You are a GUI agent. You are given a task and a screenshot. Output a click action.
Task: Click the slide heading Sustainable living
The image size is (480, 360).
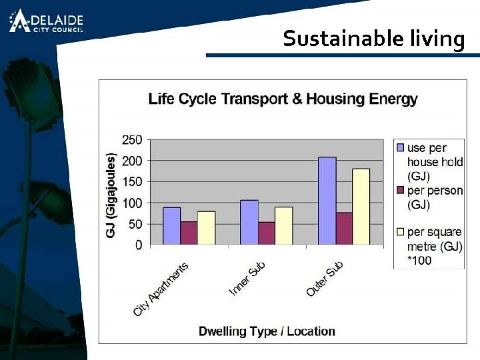(373, 39)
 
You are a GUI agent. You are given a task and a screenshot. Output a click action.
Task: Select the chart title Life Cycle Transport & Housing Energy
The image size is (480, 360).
(283, 99)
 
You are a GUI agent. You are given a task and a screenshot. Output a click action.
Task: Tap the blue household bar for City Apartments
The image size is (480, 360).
(171, 226)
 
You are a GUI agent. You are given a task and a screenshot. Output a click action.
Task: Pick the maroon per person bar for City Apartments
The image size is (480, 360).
(189, 233)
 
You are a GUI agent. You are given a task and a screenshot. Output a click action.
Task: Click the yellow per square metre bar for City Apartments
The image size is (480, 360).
(206, 228)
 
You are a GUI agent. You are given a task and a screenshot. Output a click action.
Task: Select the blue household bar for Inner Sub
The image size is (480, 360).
(249, 223)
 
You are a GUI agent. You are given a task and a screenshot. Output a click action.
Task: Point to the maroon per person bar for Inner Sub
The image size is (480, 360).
(267, 233)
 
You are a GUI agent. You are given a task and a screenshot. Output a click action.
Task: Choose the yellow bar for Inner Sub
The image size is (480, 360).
(283, 226)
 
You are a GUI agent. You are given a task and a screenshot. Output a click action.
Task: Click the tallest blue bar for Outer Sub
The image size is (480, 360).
(327, 201)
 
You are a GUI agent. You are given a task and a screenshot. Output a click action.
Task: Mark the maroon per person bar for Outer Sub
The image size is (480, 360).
(344, 229)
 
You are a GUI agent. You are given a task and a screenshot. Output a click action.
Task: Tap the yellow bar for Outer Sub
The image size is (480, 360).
(361, 207)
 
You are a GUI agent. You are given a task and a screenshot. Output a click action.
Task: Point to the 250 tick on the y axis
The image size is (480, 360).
(131, 139)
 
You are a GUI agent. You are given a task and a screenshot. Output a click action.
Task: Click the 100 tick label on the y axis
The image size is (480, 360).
(131, 203)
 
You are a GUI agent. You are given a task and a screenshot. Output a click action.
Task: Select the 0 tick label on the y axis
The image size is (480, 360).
(138, 245)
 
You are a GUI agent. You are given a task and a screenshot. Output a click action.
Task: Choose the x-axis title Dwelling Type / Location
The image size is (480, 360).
(267, 331)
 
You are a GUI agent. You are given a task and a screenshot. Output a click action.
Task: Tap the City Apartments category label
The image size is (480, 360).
(161, 289)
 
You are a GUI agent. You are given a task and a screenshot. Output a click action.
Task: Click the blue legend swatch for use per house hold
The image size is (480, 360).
(400, 147)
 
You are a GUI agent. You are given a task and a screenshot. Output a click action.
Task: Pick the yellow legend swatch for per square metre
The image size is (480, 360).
(400, 232)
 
